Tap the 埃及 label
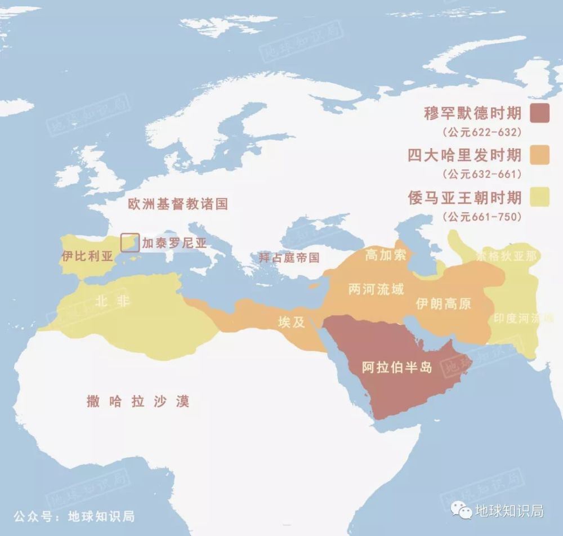[x=292, y=322]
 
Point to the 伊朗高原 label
[x=443, y=304]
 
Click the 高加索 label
[x=386, y=254]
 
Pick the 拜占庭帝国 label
[x=289, y=258]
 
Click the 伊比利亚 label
[x=87, y=257]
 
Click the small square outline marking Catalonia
[x=130, y=242]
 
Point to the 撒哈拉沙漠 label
[x=138, y=401]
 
